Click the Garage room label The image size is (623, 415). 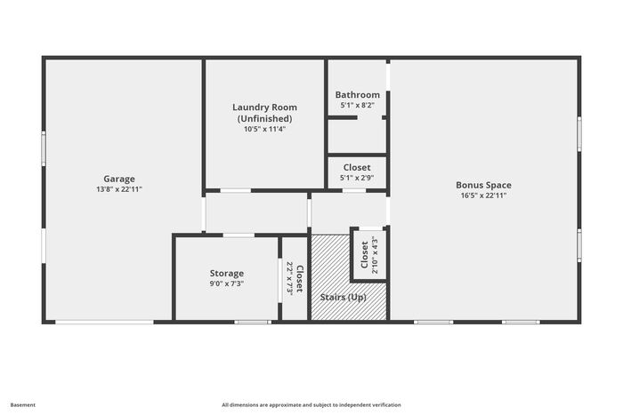[118, 179]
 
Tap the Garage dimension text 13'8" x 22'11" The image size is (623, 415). [118, 189]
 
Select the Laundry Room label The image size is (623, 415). [264, 108]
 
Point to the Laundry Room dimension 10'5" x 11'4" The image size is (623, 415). [264, 129]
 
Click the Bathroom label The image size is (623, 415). [357, 95]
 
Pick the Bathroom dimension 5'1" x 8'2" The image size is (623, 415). [357, 105]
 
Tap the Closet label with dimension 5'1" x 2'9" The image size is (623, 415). [357, 167]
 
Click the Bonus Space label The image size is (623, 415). [483, 185]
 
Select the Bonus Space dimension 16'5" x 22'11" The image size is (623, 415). [483, 196]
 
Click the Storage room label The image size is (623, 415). [226, 274]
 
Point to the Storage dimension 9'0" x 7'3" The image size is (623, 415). [226, 283]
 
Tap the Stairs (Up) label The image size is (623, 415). [343, 297]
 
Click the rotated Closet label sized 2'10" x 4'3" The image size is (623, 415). [364, 255]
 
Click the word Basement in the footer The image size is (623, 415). [22, 405]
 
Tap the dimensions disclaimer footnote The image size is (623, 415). [311, 405]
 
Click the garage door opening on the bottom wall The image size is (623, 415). [104, 323]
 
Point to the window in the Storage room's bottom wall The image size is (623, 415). [253, 323]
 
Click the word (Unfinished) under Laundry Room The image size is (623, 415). [264, 118]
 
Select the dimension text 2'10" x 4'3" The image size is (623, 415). [375, 255]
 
